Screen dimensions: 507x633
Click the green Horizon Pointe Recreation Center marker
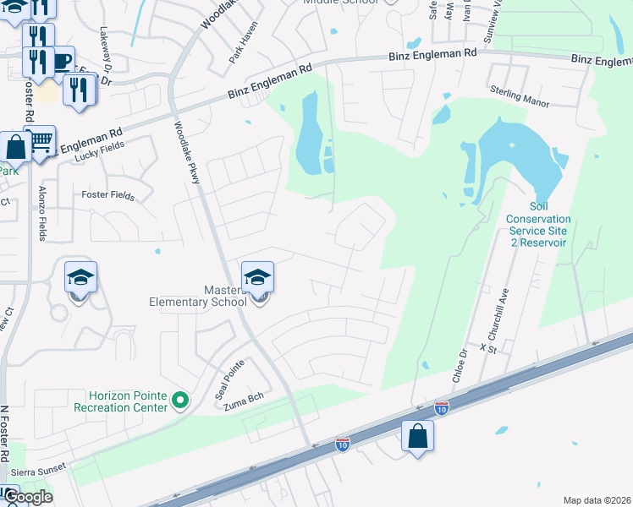(179, 400)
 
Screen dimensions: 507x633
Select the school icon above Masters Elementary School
(257, 277)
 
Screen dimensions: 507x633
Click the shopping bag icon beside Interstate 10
(417, 436)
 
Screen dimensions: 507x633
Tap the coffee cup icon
(62, 61)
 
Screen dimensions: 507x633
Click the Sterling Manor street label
(520, 96)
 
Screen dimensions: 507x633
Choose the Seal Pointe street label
(223, 379)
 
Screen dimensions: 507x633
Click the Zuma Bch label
(239, 406)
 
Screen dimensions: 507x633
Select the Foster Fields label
(107, 195)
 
